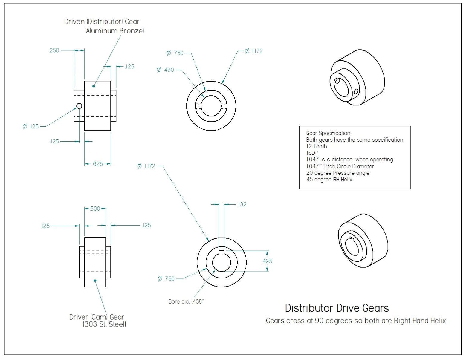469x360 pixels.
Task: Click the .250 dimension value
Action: [54, 50]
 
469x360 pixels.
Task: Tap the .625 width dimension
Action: [97, 164]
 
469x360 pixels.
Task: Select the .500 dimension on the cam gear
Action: [95, 209]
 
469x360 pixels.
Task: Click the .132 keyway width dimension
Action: [242, 204]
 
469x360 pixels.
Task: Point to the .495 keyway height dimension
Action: [267, 261]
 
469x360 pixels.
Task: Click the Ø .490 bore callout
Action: [165, 70]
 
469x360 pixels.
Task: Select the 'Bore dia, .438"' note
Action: [186, 301]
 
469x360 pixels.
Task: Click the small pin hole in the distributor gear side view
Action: [79, 106]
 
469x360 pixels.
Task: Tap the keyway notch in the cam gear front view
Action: [222, 252]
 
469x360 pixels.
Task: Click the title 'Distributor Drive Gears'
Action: [337, 308]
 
